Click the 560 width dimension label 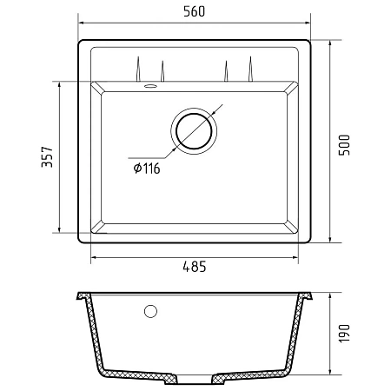coord(195,11)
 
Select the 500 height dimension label coord(344,145)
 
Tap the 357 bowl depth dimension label coord(47,157)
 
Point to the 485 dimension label coord(195,267)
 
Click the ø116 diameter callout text coord(147,169)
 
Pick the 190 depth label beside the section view coord(344,334)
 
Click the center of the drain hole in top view coord(194,131)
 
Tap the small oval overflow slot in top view coord(150,86)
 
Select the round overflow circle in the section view coord(150,311)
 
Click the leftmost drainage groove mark coord(138,69)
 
